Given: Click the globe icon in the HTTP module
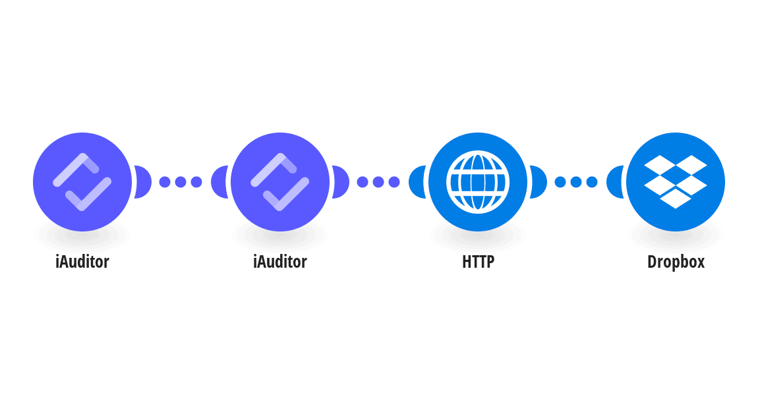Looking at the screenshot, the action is tap(478, 182).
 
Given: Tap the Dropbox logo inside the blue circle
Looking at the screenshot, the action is tap(676, 182).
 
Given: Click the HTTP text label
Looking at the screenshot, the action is tap(478, 262).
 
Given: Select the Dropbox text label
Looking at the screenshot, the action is tap(676, 262).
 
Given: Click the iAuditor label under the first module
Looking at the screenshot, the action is tap(82, 262).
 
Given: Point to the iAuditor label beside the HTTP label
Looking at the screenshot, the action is tap(280, 262).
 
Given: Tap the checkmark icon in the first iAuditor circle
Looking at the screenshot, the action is tap(82, 182).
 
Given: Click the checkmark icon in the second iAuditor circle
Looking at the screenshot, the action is tap(280, 182).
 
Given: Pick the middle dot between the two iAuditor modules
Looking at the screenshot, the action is tap(181, 182).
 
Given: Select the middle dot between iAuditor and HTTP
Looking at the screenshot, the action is tap(378, 182).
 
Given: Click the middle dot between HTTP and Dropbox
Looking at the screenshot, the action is tap(576, 182).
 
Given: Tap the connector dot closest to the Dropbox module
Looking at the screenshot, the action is tap(592, 182).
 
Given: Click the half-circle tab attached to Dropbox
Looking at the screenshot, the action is tap(614, 182).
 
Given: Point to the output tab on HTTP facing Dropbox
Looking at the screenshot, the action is tap(539, 182).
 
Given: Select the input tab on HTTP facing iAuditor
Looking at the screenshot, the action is tap(417, 182).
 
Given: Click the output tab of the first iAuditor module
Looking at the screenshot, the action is tap(143, 182).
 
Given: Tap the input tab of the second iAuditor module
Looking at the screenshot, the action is tap(219, 182).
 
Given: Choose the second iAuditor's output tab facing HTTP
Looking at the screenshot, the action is tap(341, 182).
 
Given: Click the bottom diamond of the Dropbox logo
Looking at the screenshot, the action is tap(676, 198).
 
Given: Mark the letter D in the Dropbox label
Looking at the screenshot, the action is tap(652, 262).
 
